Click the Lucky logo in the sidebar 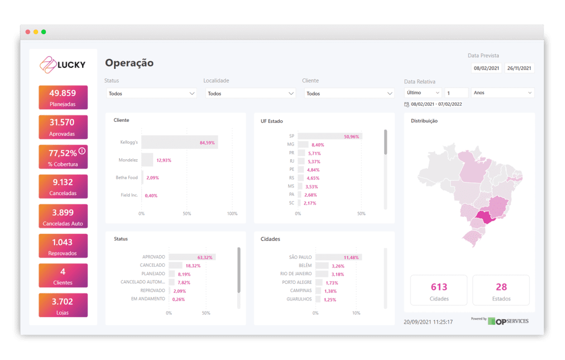click(63, 65)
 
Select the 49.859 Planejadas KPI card click(63, 97)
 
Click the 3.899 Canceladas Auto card click(63, 217)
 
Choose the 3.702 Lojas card click(63, 306)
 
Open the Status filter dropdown click(151, 94)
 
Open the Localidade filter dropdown click(250, 94)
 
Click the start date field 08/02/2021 click(486, 69)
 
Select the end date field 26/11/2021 click(519, 69)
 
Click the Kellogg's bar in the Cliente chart click(179, 143)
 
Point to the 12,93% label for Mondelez click(164, 160)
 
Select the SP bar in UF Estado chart click(329, 136)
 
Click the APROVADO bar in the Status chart click(191, 257)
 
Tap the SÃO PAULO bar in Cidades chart click(338, 257)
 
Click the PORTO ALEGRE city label click(296, 282)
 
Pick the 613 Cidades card click(439, 291)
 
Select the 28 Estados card click(501, 291)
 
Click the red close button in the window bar click(28, 32)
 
